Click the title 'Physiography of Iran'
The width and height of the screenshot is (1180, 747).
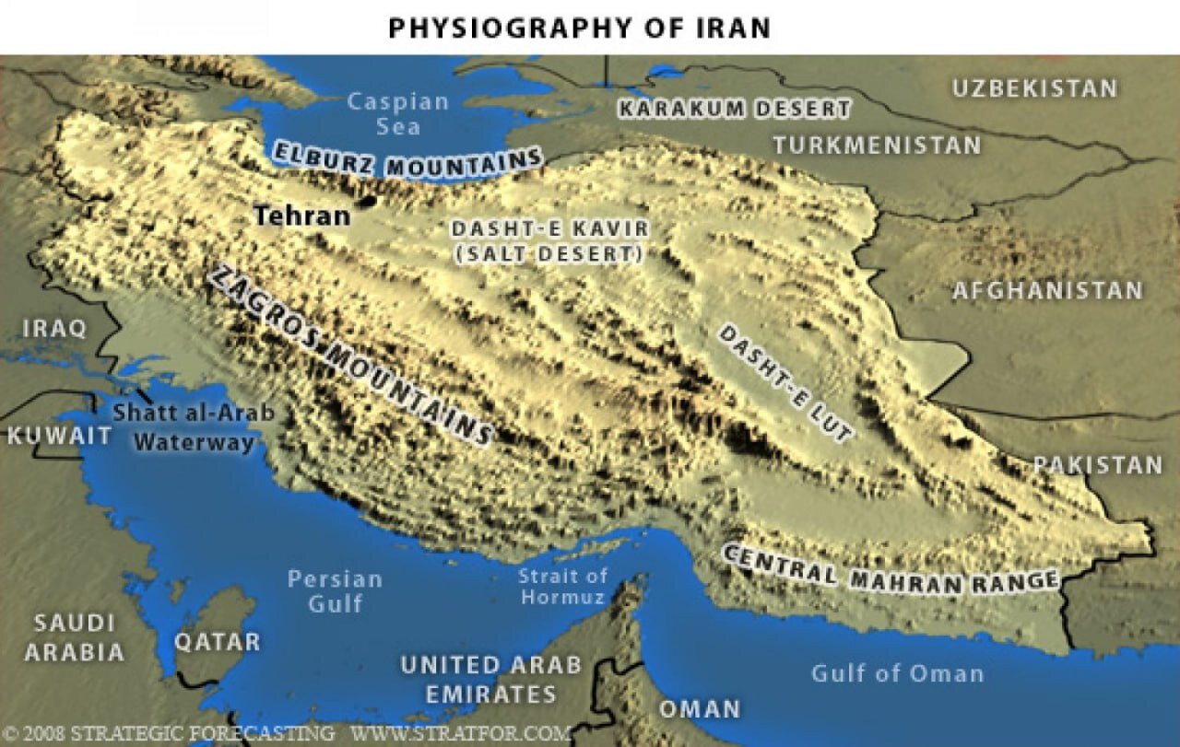pos(579,28)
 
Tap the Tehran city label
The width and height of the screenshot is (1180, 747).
pos(302,216)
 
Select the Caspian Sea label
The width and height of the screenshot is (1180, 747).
pos(398,113)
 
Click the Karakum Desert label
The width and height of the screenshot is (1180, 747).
pos(734,109)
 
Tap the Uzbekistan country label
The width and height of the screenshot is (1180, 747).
pos(1034,88)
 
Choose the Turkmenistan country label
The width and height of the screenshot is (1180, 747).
pos(877,145)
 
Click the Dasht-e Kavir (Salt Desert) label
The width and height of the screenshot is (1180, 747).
pos(549,241)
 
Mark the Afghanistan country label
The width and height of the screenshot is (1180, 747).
pos(1047,291)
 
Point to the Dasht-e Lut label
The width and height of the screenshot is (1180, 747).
pos(785,381)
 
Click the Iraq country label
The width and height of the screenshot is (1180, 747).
pos(54,328)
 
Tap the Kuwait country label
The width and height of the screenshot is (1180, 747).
pos(59,436)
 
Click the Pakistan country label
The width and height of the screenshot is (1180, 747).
pos(1098,465)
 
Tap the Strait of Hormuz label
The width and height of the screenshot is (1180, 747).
pos(562,587)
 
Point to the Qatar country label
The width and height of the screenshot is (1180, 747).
pos(218,641)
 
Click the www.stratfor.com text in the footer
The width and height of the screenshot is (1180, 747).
pos(461,734)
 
